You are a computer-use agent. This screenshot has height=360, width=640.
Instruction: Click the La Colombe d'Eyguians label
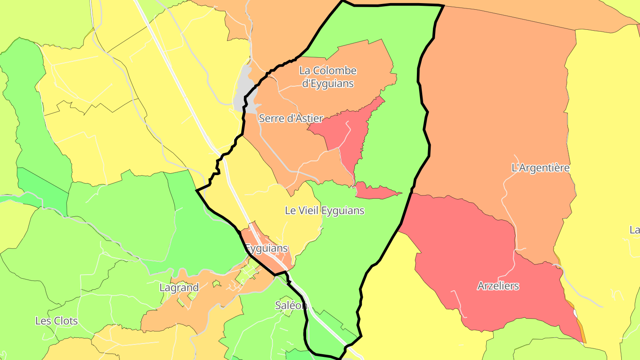coord(328,76)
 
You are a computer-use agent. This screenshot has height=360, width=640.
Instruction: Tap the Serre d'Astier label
coord(291,118)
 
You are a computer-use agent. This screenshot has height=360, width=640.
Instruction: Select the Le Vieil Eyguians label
coord(324,211)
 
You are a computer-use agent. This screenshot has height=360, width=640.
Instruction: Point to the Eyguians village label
coord(266,248)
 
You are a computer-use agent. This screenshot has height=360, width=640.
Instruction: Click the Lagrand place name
coord(179,288)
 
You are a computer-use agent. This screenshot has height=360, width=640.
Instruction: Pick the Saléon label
coord(291,305)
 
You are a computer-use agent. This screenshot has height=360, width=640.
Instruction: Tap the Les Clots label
coord(56,321)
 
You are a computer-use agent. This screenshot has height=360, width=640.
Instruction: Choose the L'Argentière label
coord(540,168)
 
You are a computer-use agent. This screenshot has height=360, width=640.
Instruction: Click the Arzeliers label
coord(498,286)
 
